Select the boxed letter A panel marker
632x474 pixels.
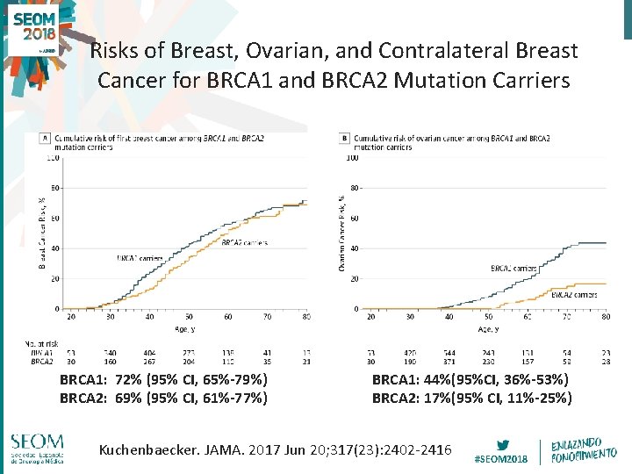point(46,138)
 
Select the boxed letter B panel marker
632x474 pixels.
point(345,138)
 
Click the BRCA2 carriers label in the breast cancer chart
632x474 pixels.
point(245,242)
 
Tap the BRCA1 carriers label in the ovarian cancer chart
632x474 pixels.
point(513,268)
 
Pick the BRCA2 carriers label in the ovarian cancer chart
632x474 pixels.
point(574,295)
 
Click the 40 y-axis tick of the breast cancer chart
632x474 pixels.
point(55,248)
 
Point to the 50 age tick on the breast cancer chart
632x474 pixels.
point(189,318)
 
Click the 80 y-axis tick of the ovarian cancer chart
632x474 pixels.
point(354,188)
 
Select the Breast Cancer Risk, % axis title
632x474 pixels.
point(41,233)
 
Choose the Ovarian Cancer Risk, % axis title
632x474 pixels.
point(341,233)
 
